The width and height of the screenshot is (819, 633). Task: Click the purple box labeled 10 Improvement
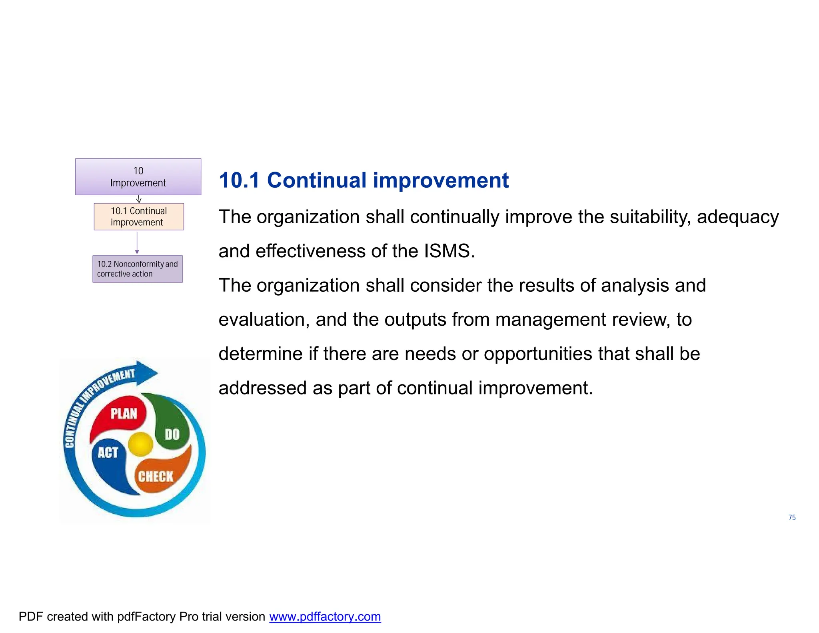pyautogui.click(x=138, y=176)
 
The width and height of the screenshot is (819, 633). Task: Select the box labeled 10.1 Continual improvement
pyautogui.click(x=138, y=216)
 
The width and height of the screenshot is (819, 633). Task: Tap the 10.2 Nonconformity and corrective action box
pyautogui.click(x=137, y=269)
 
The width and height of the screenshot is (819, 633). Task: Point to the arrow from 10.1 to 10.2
pyautogui.click(x=137, y=242)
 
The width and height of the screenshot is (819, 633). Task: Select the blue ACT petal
pyautogui.click(x=108, y=460)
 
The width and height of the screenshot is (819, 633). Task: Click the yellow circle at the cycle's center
pyautogui.click(x=140, y=444)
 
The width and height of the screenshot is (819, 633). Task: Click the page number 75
pyautogui.click(x=792, y=517)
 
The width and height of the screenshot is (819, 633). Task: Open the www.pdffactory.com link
pyautogui.click(x=325, y=617)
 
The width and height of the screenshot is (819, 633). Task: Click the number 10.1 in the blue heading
pyautogui.click(x=239, y=180)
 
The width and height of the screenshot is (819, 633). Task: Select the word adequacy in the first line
pyautogui.click(x=737, y=217)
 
